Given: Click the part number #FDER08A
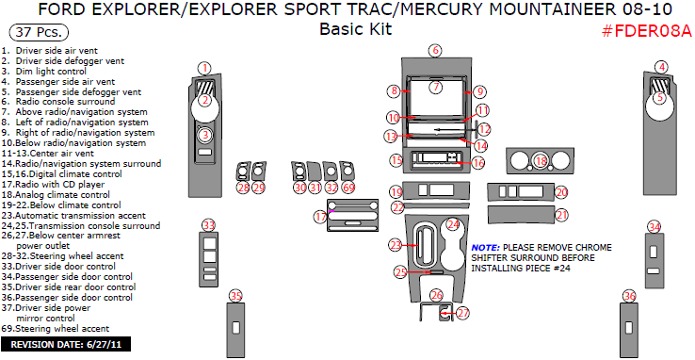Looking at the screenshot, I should pyautogui.click(x=646, y=29).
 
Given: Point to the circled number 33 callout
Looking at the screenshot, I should pyautogui.click(x=209, y=224).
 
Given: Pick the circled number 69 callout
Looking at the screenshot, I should pyautogui.click(x=349, y=188).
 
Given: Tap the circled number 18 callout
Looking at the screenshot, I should pyautogui.click(x=541, y=161).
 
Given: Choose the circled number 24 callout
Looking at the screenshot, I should pyautogui.click(x=453, y=224).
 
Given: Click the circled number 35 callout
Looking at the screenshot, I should pyautogui.click(x=234, y=297).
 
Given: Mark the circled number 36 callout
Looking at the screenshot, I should pyautogui.click(x=629, y=297).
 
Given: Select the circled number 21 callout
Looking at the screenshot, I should pyautogui.click(x=562, y=215).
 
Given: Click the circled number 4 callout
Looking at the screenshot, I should pyautogui.click(x=662, y=67).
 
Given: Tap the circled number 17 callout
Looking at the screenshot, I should pyautogui.click(x=320, y=217).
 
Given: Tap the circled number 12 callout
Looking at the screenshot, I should pyautogui.click(x=485, y=129).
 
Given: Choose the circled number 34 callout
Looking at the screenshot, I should pyautogui.click(x=654, y=226).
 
